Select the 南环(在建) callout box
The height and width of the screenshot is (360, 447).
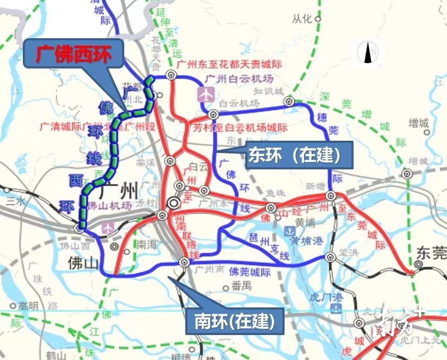[x=234, y=321]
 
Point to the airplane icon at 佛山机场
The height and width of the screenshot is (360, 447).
[x=109, y=227]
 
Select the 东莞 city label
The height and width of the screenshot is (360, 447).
[x=432, y=252]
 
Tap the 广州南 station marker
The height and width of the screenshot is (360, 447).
[x=184, y=262]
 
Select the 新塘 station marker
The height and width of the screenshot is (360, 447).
[x=331, y=195]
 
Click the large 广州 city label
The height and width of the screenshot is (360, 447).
[x=121, y=189]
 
